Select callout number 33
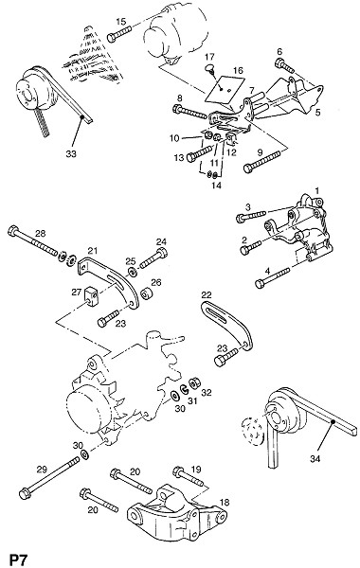point(71,154)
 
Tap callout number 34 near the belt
point(315,459)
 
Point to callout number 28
point(40,233)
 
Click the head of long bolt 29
point(25,493)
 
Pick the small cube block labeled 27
point(92,294)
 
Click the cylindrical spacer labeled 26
point(147,293)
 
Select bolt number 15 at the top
point(119,34)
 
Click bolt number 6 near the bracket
point(284,65)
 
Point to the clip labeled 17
point(210,68)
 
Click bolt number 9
point(262,162)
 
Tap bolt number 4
point(273,277)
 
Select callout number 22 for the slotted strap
point(207,295)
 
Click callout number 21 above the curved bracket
point(93,250)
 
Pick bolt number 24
point(153,257)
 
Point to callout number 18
point(225,503)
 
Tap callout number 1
point(316,190)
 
